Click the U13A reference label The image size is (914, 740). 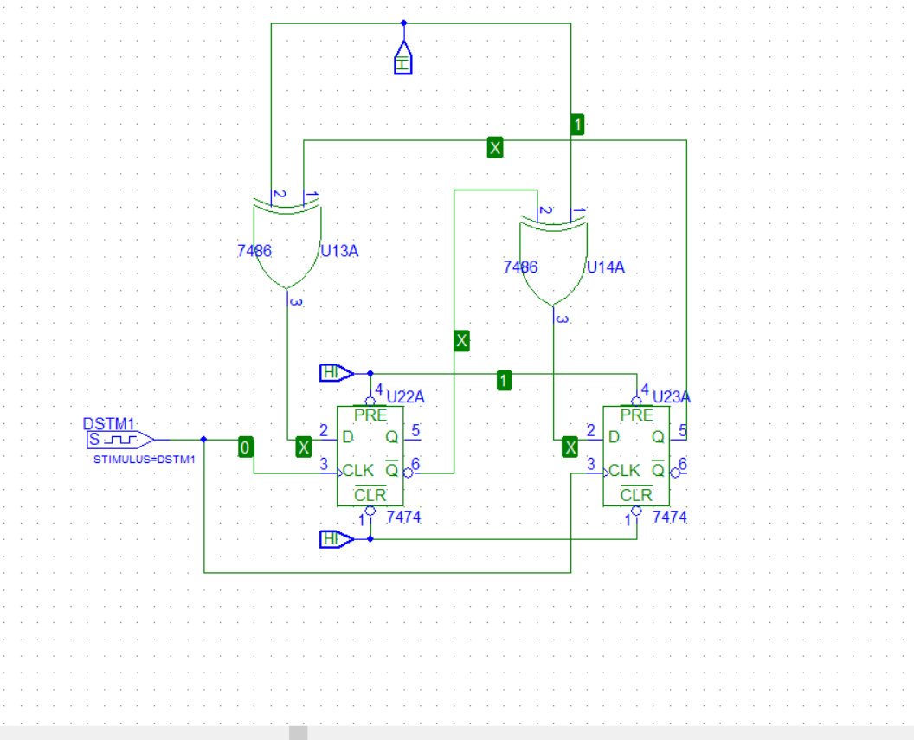click(x=339, y=251)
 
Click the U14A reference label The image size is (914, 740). click(x=606, y=267)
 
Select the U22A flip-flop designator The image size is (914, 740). click(x=405, y=396)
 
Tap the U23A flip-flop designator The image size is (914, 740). click(x=672, y=396)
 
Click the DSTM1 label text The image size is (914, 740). click(x=109, y=423)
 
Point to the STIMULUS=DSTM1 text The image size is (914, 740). click(x=144, y=460)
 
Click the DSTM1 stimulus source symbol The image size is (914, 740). click(x=120, y=440)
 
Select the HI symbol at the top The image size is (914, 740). click(x=403, y=58)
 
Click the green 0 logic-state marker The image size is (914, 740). click(x=246, y=447)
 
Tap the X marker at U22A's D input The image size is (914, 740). click(x=303, y=447)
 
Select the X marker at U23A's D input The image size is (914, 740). click(x=570, y=447)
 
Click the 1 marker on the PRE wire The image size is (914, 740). click(x=505, y=381)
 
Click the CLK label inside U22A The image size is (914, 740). click(x=358, y=470)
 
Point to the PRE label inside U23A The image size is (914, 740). click(x=636, y=415)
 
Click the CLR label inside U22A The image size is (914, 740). click(x=370, y=495)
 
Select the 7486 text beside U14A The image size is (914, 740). click(x=520, y=267)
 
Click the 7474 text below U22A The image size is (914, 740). click(x=403, y=517)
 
